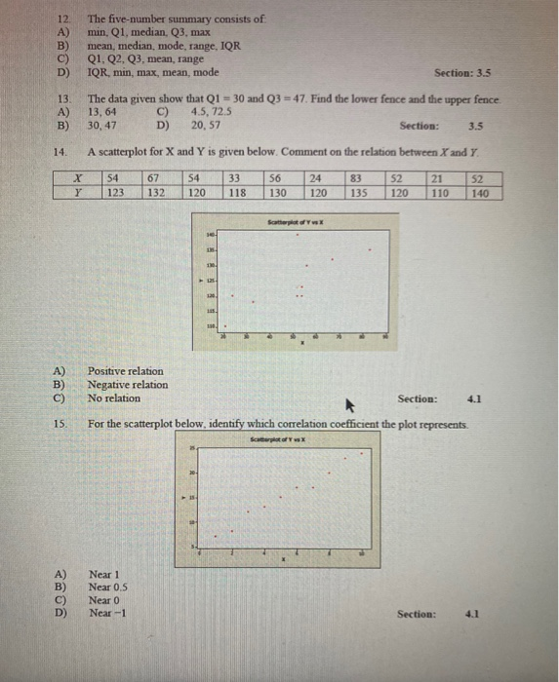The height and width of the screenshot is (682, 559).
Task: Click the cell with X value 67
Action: click(x=152, y=178)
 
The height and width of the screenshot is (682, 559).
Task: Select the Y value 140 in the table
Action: click(x=480, y=193)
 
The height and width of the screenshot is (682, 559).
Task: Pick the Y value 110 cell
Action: click(x=441, y=193)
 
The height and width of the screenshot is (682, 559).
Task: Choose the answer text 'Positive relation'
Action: click(x=126, y=371)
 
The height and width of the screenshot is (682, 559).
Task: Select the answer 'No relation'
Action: click(x=113, y=398)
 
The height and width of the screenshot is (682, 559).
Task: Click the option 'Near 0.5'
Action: click(x=109, y=587)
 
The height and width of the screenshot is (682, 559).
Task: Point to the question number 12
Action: click(x=63, y=19)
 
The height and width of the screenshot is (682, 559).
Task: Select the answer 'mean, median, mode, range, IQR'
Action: click(x=163, y=45)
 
